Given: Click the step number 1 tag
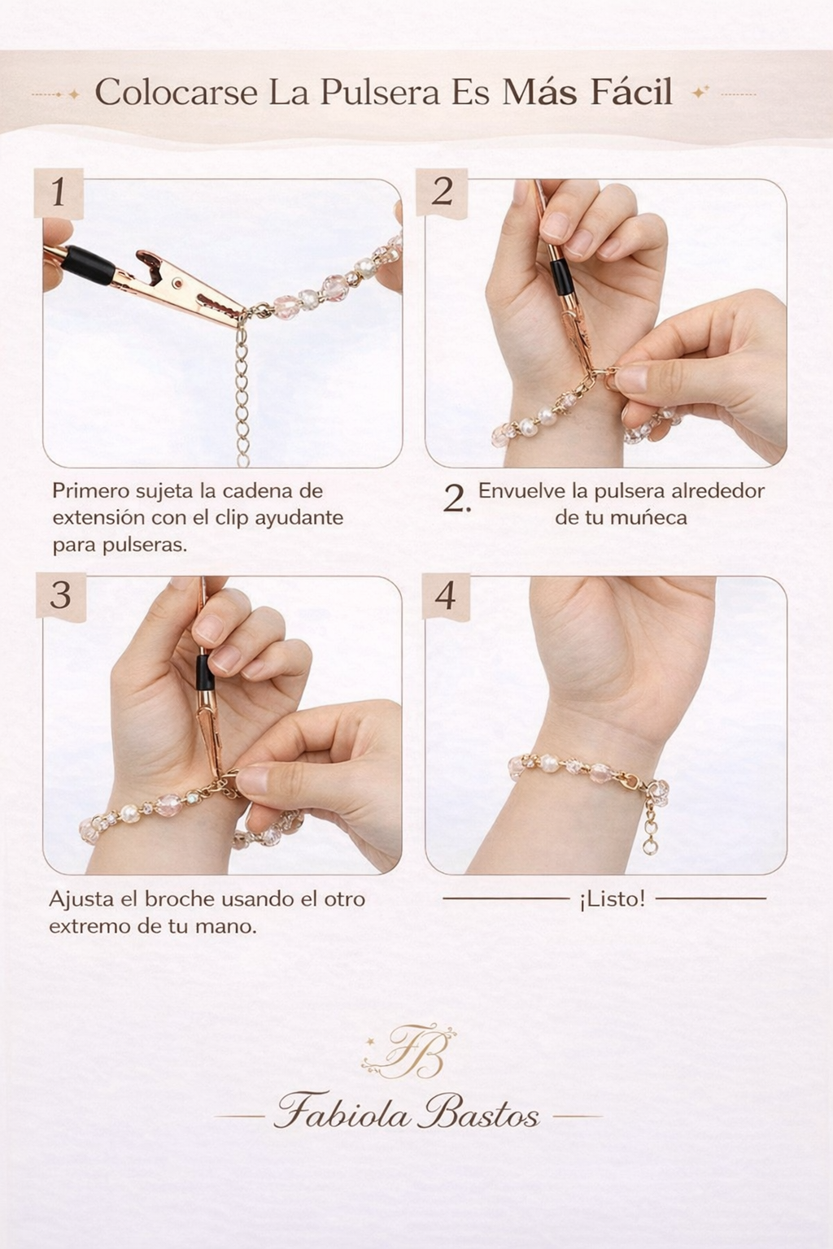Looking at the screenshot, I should (58, 193).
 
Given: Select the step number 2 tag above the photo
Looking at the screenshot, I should (442, 192).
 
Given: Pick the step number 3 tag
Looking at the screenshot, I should (60, 595).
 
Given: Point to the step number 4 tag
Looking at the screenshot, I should (445, 596).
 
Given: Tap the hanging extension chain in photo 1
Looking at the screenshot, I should (242, 390).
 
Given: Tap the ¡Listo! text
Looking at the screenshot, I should (612, 899).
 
